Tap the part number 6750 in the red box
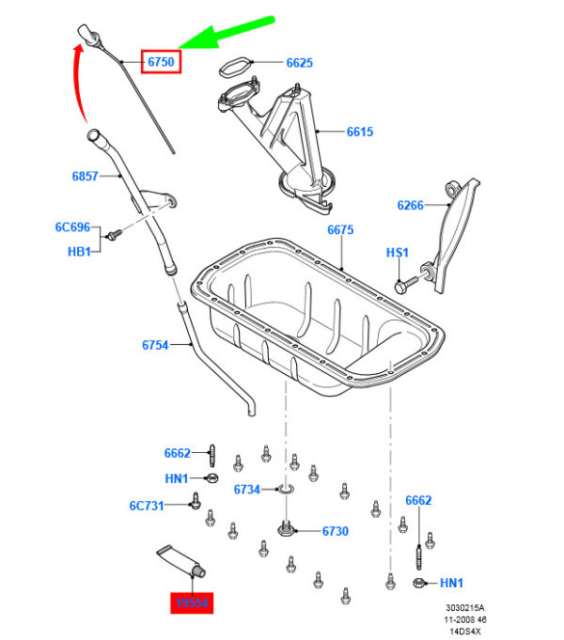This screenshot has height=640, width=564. (160, 62)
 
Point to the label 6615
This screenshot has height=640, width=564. (359, 132)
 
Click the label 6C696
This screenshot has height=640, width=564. (71, 227)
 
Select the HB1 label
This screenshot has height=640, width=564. (79, 252)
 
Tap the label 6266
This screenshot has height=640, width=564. (411, 205)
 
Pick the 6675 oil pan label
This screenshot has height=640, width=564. (340, 230)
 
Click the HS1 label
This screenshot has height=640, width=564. (398, 253)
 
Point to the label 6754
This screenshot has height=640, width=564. (155, 345)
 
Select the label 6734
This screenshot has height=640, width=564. (246, 489)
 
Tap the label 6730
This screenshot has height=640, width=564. (335, 531)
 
